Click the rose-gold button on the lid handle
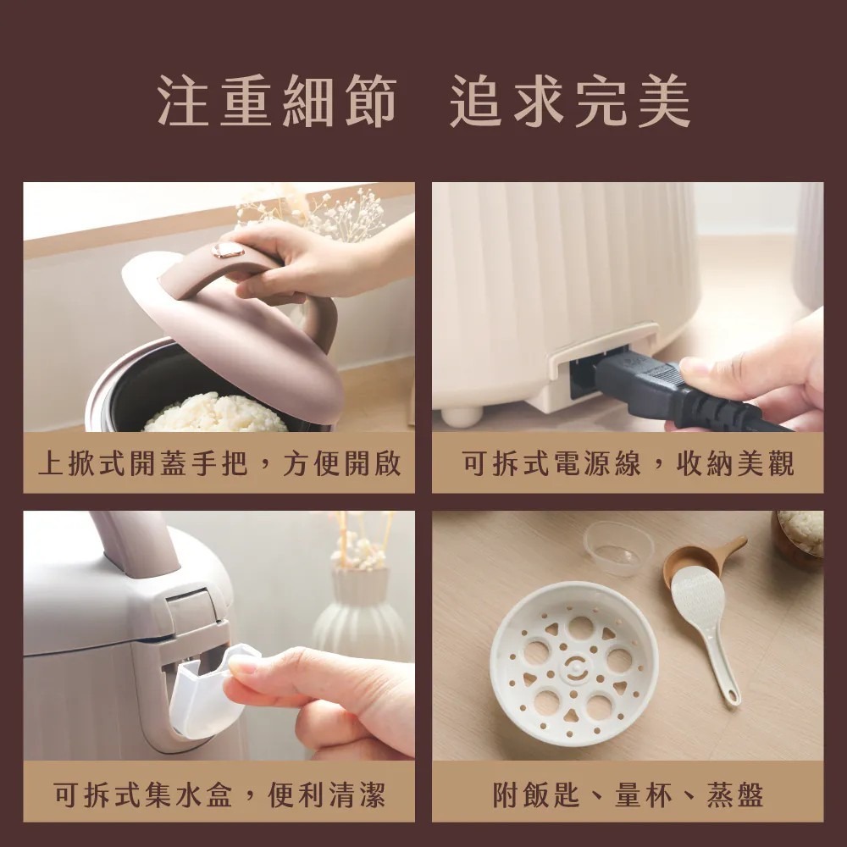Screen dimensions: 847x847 coord(227,250)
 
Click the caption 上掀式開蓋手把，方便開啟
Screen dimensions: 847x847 coord(219,463)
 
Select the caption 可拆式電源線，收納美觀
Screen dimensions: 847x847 coord(628,463)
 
